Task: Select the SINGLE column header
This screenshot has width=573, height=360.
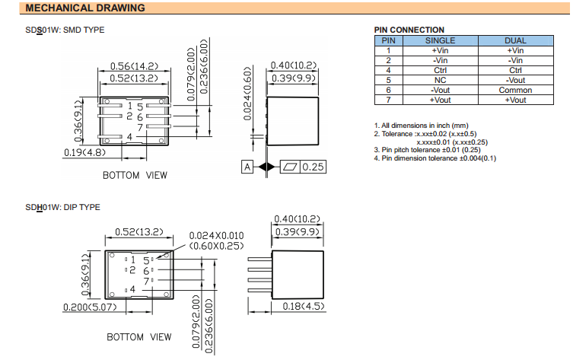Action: point(440,40)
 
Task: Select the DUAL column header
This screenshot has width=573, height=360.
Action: point(515,40)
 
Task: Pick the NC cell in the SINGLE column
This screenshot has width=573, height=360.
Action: point(440,80)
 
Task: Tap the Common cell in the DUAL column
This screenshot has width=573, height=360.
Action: point(515,90)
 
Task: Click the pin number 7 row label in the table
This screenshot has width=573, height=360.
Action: point(388,100)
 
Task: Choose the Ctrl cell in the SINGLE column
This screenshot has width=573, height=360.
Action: point(440,70)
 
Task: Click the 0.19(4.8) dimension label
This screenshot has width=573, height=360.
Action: point(84,152)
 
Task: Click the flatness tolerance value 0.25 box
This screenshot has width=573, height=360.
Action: point(312,167)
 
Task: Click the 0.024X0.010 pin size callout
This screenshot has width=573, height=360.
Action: point(216,236)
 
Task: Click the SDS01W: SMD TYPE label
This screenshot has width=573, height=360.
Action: point(65,30)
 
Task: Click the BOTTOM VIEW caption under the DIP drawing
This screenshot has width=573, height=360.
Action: point(138,336)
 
